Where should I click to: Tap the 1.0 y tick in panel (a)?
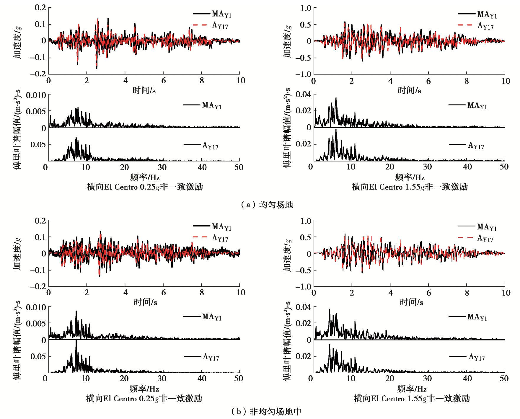coord(306,8)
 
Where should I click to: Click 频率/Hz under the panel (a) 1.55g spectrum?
coord(410,177)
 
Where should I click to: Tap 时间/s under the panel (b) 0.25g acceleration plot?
coord(145,302)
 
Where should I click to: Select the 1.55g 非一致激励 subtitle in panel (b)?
coord(412,399)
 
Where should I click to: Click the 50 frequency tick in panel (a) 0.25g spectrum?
coord(239,167)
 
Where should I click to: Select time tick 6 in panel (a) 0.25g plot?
coord(163,81)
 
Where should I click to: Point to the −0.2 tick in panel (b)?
coord(38,286)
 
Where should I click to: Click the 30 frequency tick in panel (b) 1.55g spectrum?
coord(427,379)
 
